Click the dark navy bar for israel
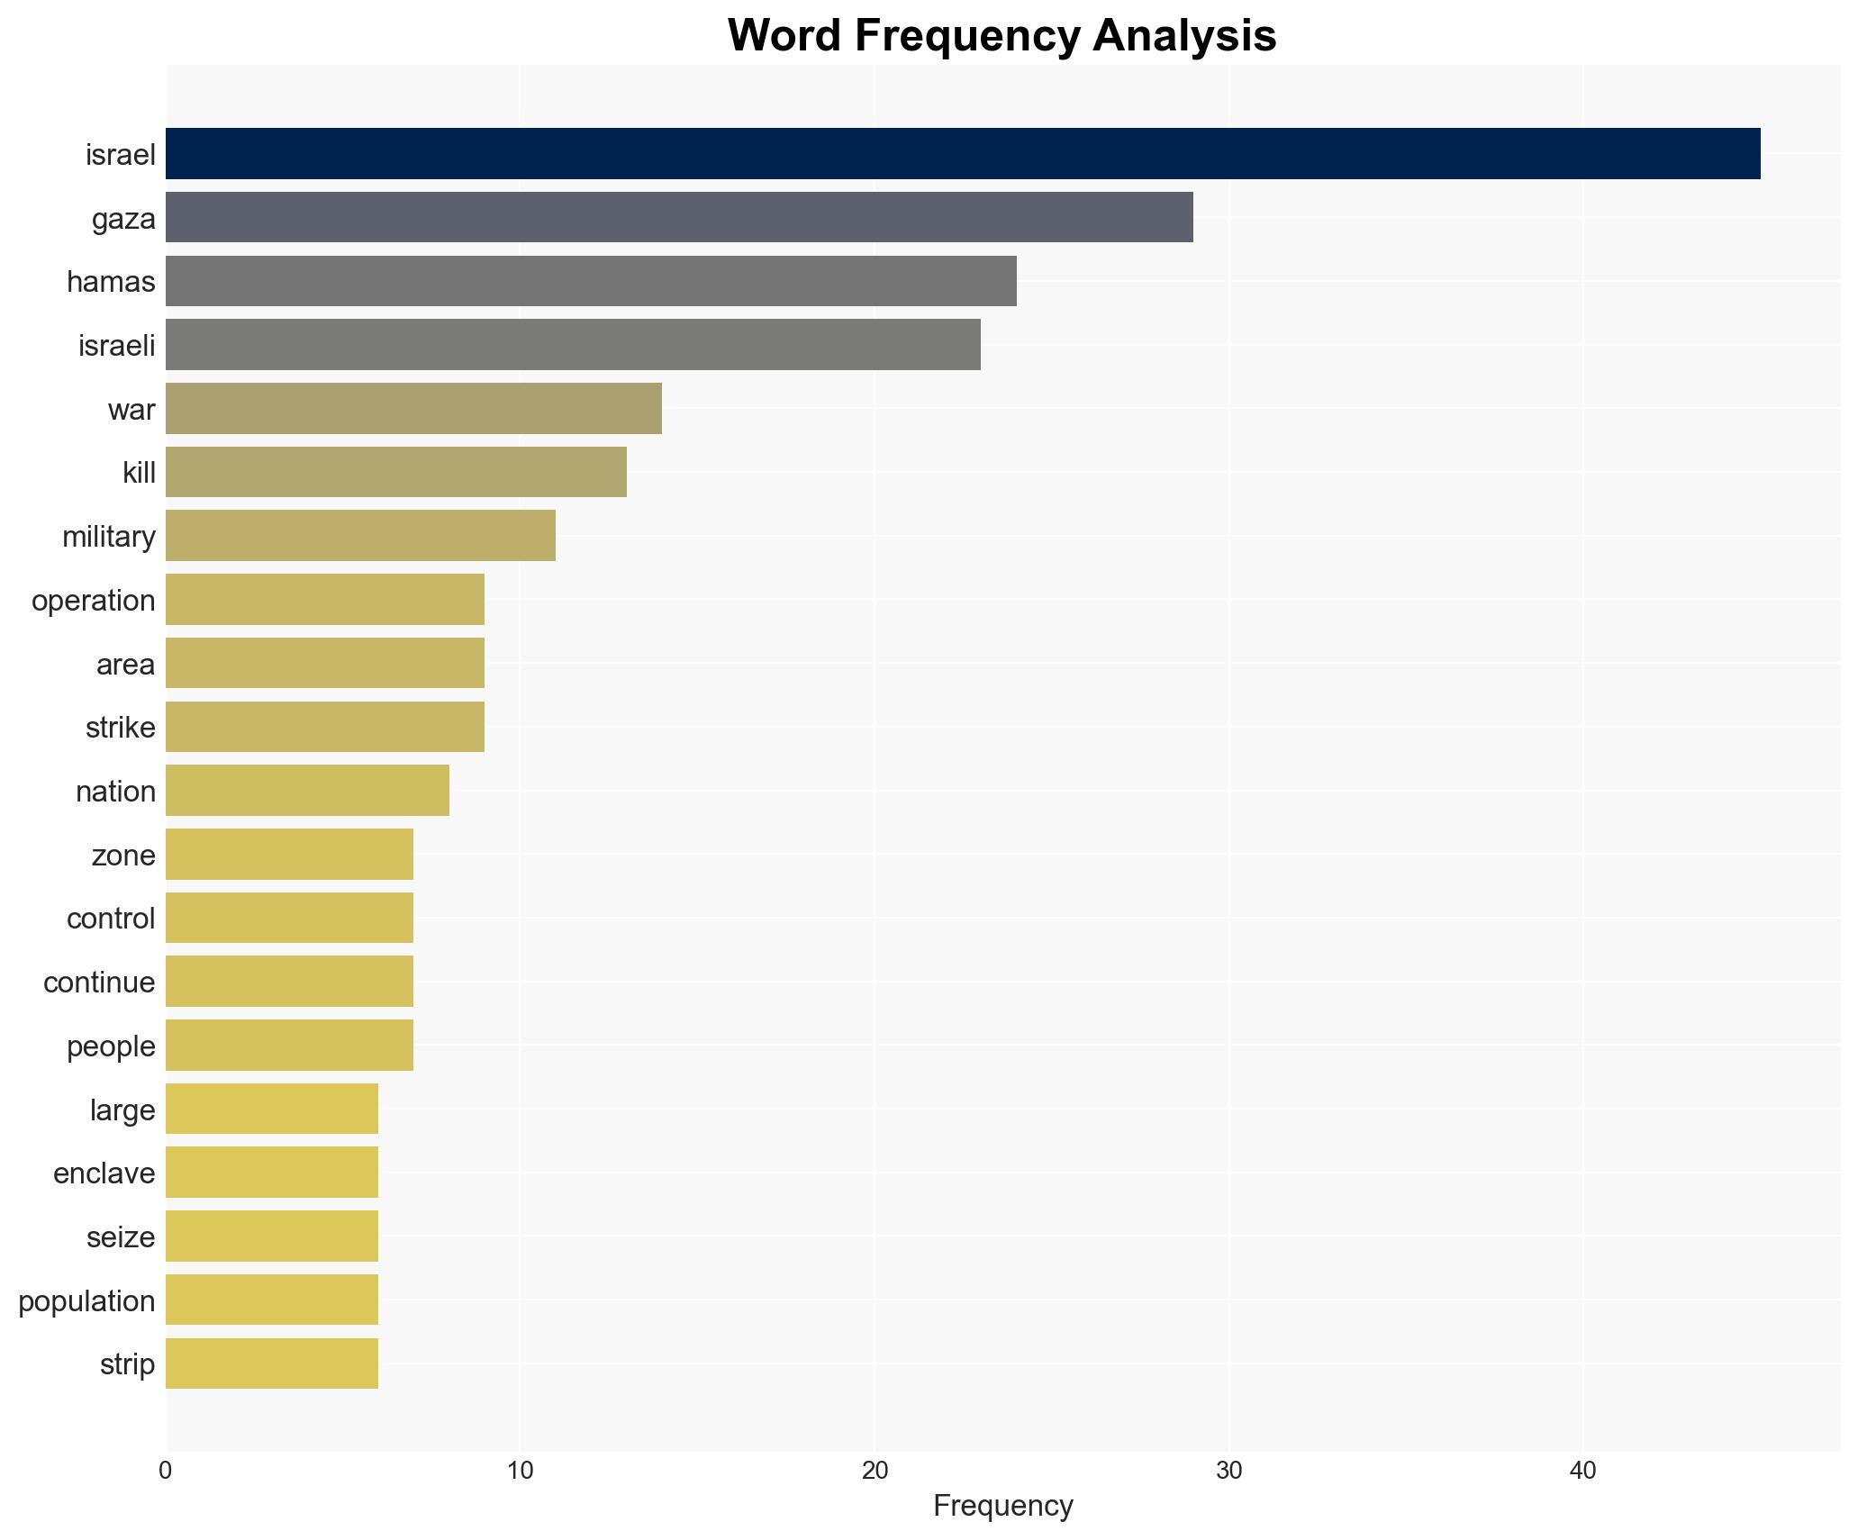962,154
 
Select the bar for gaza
679,218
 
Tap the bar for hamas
591,282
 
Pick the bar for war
413,409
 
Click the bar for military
360,536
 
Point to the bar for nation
307,791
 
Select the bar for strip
272,1363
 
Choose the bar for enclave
272,1173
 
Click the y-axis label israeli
117,346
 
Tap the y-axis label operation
94,601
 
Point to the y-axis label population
86,1301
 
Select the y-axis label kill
139,473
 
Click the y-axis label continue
99,983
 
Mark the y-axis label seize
121,1237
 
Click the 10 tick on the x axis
520,1472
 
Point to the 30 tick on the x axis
1228,1472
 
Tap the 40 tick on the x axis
1582,1472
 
